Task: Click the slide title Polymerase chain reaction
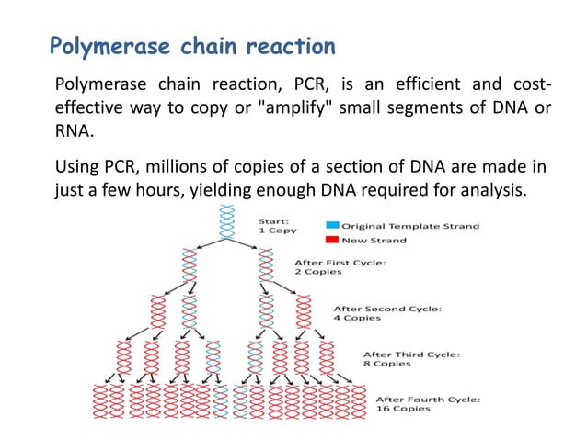(191, 45)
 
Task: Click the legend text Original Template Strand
(409, 226)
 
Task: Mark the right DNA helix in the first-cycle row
(267, 267)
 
